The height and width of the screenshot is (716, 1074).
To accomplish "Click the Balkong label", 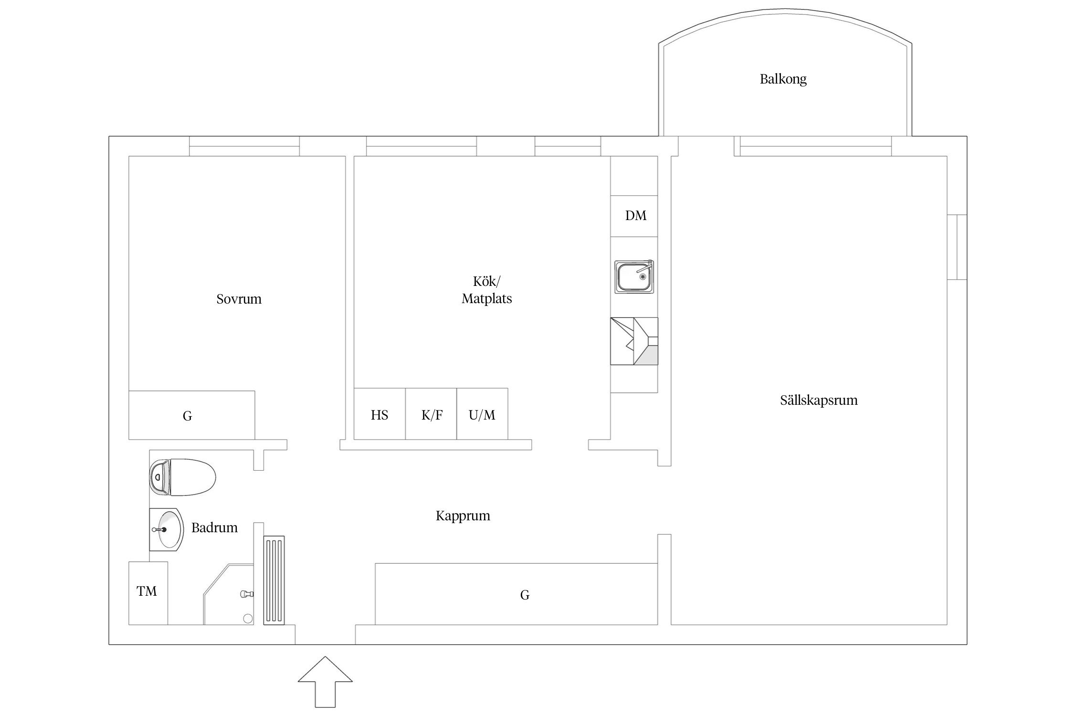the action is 783,79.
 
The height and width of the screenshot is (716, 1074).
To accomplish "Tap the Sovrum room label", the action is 239,299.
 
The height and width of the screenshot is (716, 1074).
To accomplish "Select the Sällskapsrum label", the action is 819,400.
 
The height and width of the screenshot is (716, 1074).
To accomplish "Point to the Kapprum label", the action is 463,516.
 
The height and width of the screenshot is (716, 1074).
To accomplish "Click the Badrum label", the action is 214,527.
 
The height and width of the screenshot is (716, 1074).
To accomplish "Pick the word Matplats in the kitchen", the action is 486,299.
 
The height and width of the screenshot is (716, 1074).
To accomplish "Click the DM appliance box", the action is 634,216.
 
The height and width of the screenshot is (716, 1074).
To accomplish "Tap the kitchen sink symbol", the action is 634,276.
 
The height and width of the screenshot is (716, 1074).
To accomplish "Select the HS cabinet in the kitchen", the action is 379,414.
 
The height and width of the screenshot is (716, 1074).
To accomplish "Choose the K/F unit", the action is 431,414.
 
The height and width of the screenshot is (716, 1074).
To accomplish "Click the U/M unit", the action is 482,414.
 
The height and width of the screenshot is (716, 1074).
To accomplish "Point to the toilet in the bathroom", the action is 182,477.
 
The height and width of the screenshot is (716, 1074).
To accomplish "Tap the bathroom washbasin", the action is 166,530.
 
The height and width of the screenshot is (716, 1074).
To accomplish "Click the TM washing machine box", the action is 148,593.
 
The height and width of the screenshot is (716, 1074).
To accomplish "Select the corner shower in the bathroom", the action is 229,594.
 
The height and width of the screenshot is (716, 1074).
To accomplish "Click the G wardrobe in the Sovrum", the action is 191,415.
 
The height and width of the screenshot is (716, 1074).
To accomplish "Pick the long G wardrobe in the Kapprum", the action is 516,594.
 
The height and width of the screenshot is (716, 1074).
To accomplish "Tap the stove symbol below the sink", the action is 634,341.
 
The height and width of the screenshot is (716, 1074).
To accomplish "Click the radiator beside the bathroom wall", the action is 274,580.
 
